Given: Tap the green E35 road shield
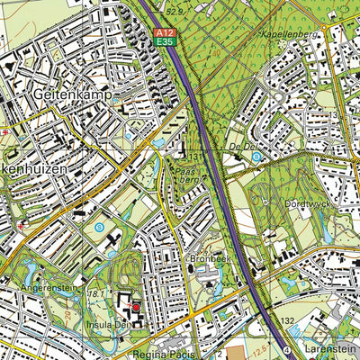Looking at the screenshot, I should tap(163, 41).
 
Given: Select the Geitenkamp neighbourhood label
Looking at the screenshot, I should tap(67, 92).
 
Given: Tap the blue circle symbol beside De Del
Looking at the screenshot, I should tap(257, 156).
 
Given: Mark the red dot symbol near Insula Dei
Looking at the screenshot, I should tap(136, 307).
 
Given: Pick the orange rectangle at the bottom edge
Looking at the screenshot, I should tap(233, 352).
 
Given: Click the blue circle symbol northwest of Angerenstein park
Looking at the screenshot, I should tap(98, 228).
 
